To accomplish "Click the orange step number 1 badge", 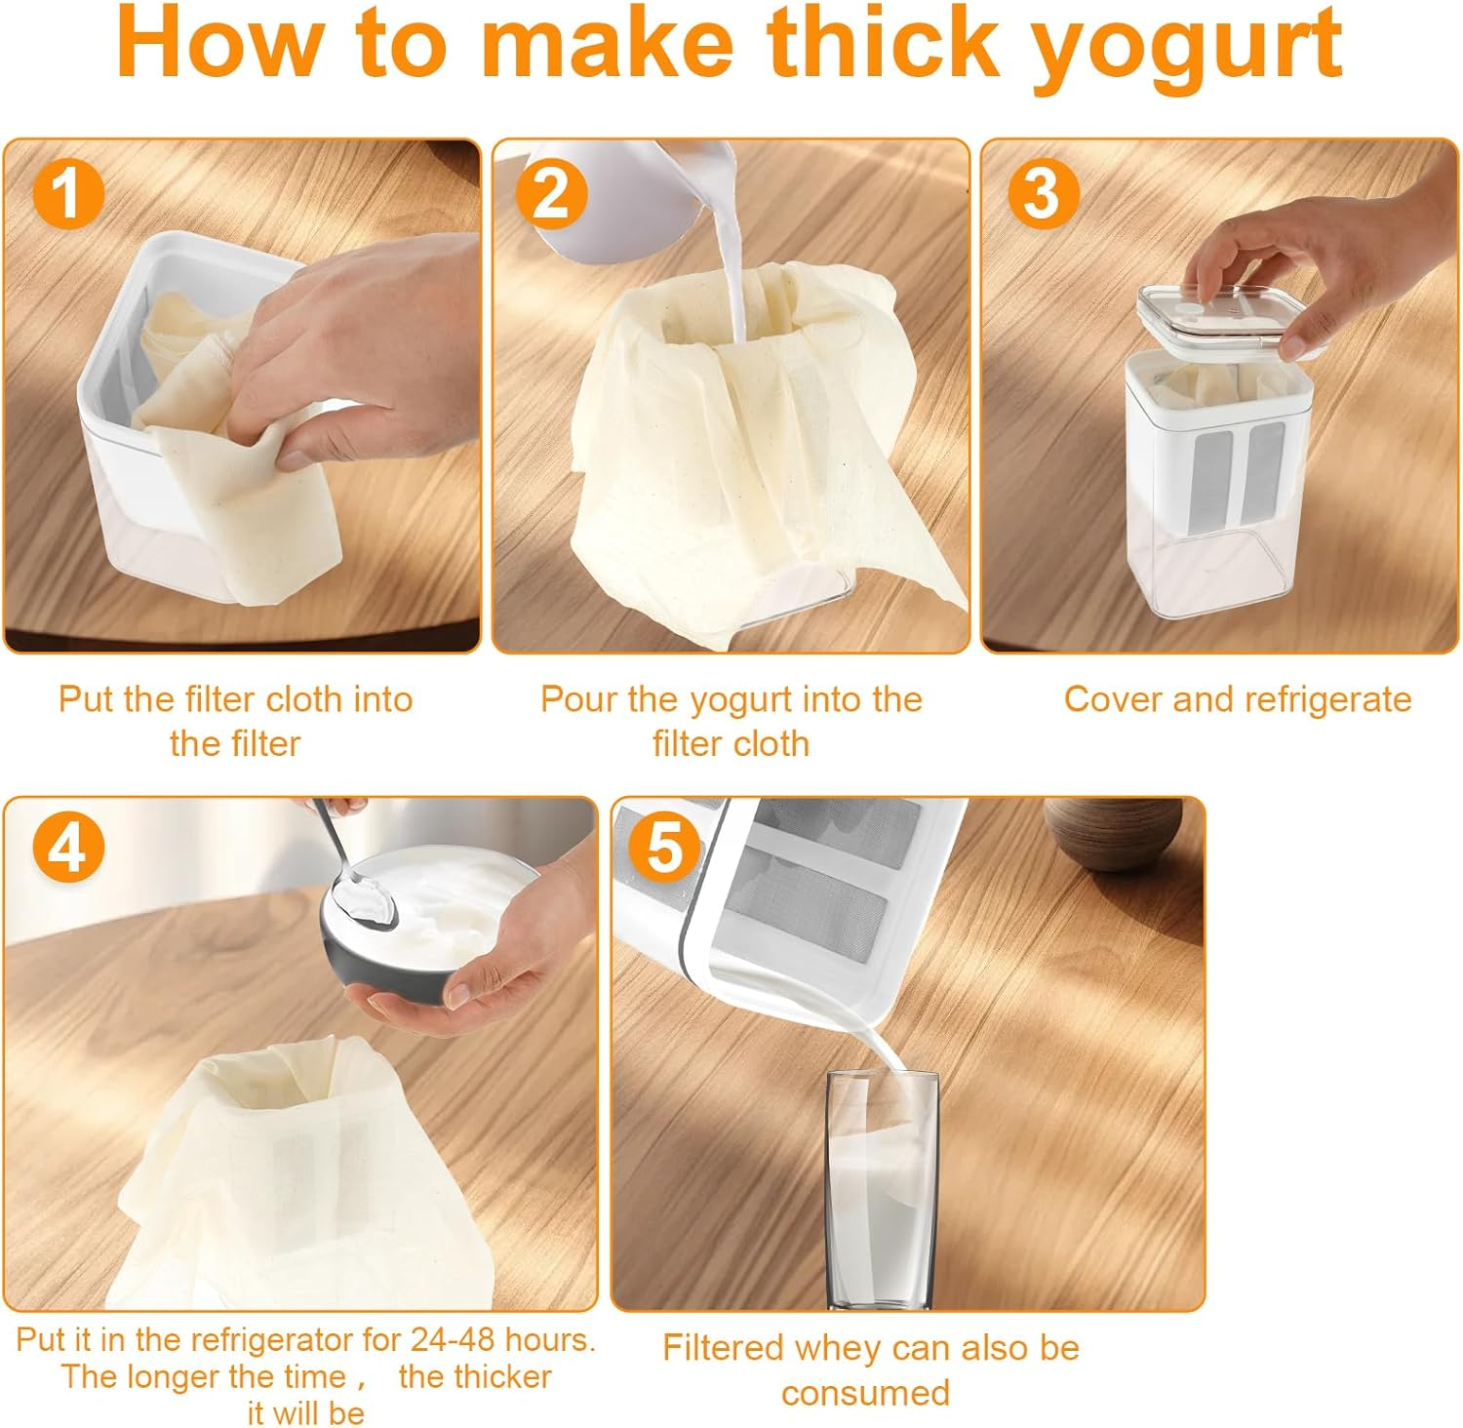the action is [68, 193].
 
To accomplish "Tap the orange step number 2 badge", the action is [551, 193].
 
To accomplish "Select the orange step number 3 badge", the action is [1043, 193].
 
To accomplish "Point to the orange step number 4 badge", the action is [68, 847].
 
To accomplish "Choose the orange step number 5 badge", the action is [663, 847].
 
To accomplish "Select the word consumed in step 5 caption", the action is [865, 1393].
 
